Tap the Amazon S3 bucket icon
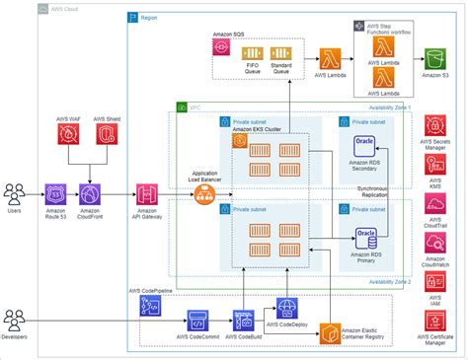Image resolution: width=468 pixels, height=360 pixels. click(x=435, y=51)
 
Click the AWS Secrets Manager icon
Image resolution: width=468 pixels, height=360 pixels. click(x=435, y=126)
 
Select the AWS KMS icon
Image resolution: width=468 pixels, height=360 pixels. click(x=435, y=165)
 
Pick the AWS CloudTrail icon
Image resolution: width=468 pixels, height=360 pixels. click(x=435, y=204)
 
